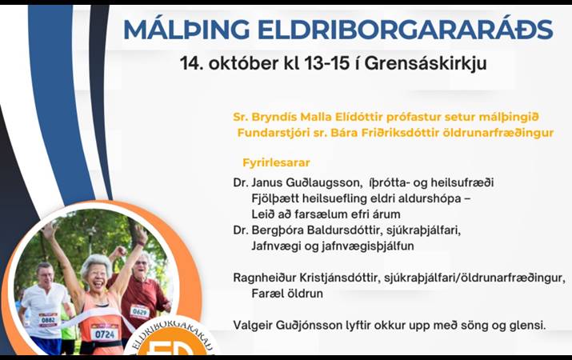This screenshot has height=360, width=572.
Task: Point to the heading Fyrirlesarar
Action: click(x=276, y=162)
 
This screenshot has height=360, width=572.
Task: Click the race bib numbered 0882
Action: click(x=47, y=319)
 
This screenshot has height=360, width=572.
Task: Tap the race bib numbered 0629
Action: click(x=139, y=311)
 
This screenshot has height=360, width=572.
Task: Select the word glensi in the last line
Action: click(x=526, y=325)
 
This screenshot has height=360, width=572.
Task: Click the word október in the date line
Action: click(x=240, y=62)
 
